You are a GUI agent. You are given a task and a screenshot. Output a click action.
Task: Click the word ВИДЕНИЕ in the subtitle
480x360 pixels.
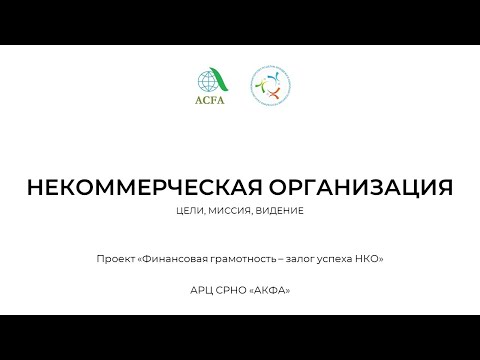(x=281, y=211)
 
